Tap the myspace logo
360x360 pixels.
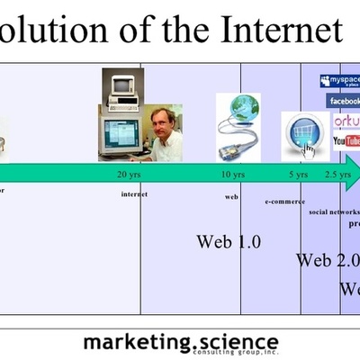click(x=339, y=82)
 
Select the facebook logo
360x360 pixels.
click(x=343, y=102)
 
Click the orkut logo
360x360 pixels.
click(x=346, y=121)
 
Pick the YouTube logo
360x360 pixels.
click(x=346, y=141)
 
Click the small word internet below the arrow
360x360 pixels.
click(x=134, y=194)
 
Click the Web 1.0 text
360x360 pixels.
click(x=229, y=241)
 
